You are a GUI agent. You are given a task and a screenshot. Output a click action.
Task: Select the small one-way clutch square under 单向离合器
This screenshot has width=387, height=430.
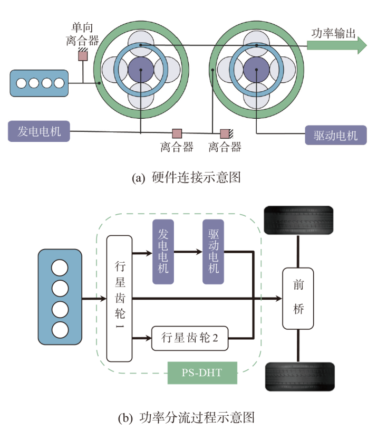point(83,55)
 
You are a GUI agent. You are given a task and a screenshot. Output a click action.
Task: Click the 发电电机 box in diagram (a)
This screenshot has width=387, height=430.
point(39,131)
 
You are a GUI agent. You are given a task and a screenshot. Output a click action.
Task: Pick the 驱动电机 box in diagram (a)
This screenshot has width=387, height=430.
point(336,135)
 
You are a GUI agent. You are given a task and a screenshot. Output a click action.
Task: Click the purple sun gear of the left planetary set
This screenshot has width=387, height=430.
point(141,70)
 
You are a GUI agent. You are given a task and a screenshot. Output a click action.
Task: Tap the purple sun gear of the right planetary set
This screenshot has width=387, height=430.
point(257,70)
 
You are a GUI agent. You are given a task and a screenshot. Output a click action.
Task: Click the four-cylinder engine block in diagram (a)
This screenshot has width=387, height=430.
point(40,83)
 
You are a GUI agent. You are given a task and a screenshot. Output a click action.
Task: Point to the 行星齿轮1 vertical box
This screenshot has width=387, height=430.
point(119,299)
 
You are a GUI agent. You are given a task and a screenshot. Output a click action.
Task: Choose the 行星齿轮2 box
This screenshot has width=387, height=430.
point(189,338)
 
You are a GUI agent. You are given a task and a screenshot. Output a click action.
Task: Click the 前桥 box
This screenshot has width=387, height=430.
point(298,298)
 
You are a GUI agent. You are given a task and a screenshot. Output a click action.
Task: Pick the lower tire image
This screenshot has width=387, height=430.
point(299,376)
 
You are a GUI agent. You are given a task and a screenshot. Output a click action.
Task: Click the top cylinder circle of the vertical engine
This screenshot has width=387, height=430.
point(60,267)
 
